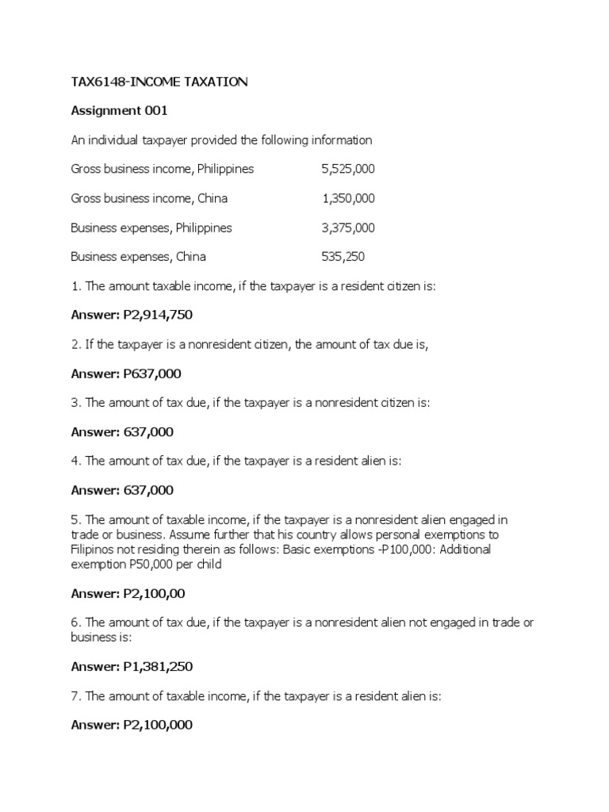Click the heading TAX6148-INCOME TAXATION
coord(159,82)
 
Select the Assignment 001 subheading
coord(119,111)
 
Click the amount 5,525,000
coord(348,169)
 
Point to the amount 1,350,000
coord(349,198)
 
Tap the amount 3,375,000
coord(348,228)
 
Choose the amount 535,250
coord(343,256)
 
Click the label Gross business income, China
coord(149,198)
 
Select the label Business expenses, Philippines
coord(151,228)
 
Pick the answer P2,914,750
coord(158,315)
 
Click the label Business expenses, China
coord(138,256)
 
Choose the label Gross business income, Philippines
coord(162,169)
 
